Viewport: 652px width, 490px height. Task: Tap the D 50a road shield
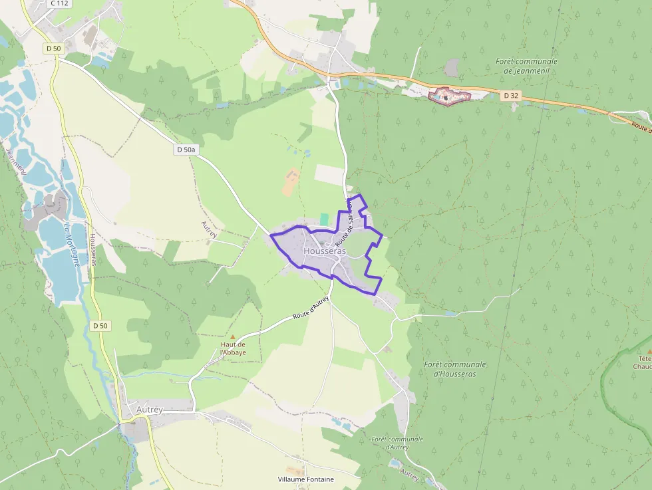click(186, 150)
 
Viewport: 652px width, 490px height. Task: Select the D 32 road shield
click(510, 96)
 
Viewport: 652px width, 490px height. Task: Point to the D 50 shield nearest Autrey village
click(100, 326)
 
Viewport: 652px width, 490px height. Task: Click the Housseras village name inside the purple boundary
click(325, 252)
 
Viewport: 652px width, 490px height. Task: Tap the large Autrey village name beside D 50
click(149, 410)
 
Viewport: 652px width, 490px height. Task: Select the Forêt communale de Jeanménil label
click(526, 66)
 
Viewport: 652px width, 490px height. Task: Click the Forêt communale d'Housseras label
click(455, 369)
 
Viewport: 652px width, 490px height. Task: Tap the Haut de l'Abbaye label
click(234, 348)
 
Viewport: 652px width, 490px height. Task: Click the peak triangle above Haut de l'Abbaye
click(232, 337)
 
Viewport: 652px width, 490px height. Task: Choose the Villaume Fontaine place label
click(306, 479)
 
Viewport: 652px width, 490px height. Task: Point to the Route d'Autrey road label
click(311, 309)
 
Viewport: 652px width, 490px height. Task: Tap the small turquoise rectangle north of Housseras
click(325, 219)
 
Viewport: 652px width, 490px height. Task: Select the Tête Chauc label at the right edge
click(642, 362)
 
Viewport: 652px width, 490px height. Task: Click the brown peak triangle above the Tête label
click(649, 350)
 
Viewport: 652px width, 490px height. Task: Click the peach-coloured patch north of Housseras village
click(291, 182)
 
